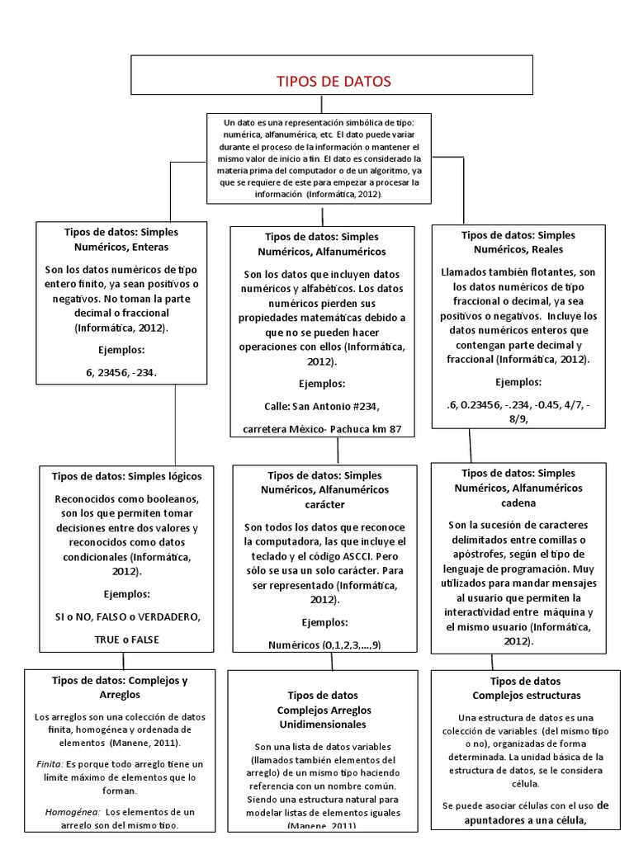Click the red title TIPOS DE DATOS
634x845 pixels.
(x=333, y=81)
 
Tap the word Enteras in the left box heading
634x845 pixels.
(x=149, y=246)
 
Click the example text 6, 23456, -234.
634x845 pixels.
(x=121, y=372)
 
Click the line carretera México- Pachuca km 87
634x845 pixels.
(x=322, y=429)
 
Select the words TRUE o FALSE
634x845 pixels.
(x=126, y=639)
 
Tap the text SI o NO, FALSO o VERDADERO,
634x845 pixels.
(x=126, y=616)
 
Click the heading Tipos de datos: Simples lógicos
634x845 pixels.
(x=126, y=476)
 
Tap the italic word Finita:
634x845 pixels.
(x=50, y=764)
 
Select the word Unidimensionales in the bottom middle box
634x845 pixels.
(x=323, y=724)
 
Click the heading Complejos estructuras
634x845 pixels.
(x=526, y=695)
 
